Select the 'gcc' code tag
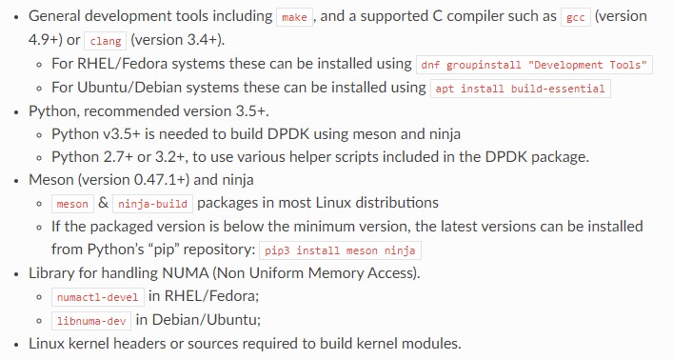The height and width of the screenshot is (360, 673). (575, 18)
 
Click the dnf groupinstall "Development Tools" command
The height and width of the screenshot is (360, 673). (535, 65)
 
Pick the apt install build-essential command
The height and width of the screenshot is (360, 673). (521, 88)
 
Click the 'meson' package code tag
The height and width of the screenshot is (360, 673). (72, 204)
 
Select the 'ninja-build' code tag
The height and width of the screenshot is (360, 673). (153, 204)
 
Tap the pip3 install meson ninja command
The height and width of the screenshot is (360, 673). (341, 250)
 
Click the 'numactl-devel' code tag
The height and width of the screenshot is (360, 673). (98, 296)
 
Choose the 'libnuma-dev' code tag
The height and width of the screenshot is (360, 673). (91, 320)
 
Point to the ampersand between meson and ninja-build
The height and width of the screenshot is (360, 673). (103, 203)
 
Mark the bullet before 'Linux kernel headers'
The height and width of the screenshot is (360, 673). (15, 343)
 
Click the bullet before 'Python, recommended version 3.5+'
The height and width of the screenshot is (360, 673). (15, 110)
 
